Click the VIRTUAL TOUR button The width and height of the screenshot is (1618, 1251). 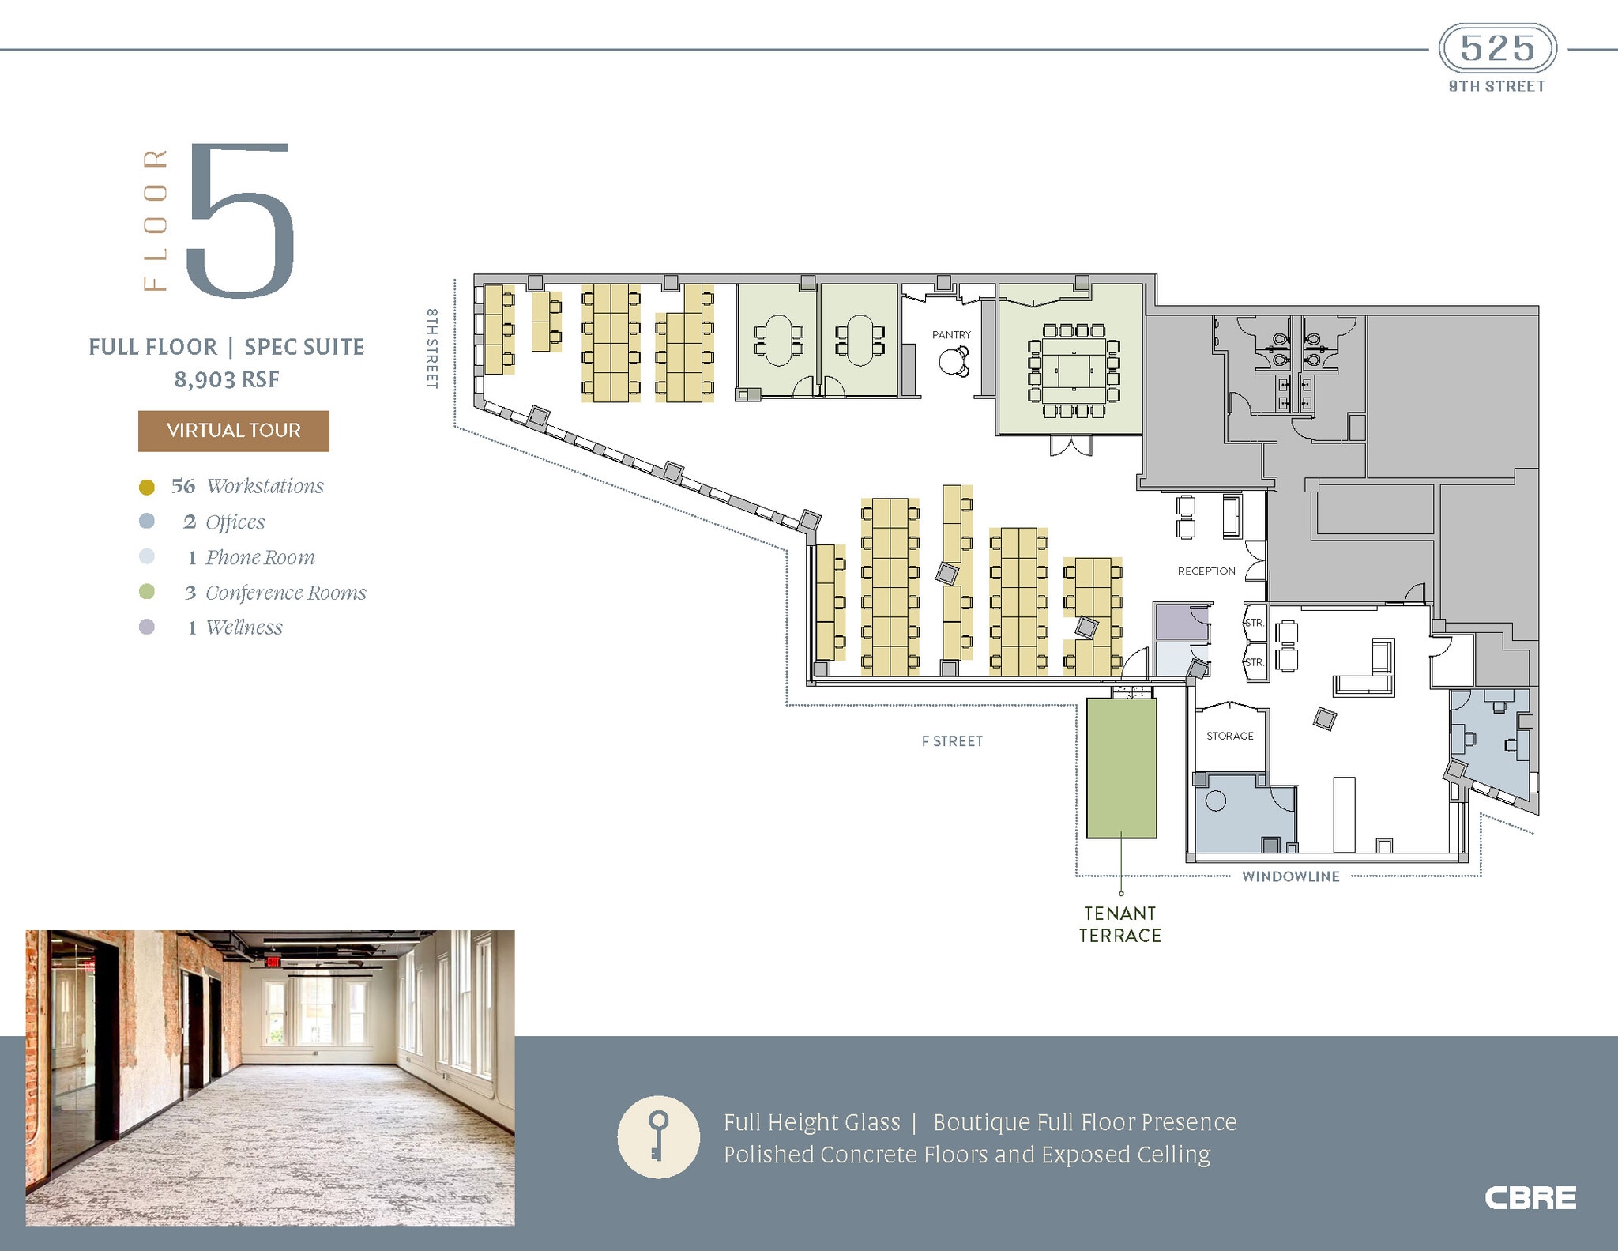(x=233, y=431)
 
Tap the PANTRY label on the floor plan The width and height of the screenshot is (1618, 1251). (x=951, y=335)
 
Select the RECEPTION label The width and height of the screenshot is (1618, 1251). (x=1206, y=571)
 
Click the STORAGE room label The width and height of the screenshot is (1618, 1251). (x=1229, y=736)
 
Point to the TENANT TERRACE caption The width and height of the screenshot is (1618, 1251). (x=1120, y=925)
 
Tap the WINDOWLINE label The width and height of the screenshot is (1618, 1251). (x=1290, y=876)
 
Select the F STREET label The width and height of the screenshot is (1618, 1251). (x=952, y=741)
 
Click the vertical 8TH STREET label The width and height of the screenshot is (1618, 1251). (x=432, y=348)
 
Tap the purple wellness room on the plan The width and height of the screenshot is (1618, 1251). (x=1180, y=622)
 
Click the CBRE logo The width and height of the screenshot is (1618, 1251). (x=1530, y=1198)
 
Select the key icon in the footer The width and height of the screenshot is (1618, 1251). (x=658, y=1136)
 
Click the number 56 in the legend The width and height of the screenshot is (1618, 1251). (x=183, y=486)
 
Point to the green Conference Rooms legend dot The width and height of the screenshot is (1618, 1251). (x=146, y=592)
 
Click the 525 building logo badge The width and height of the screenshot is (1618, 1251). (x=1497, y=49)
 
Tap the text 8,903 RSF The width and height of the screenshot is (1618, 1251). (x=227, y=379)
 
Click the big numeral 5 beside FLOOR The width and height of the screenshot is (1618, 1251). (x=241, y=221)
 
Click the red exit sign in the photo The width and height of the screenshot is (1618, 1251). (x=272, y=962)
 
